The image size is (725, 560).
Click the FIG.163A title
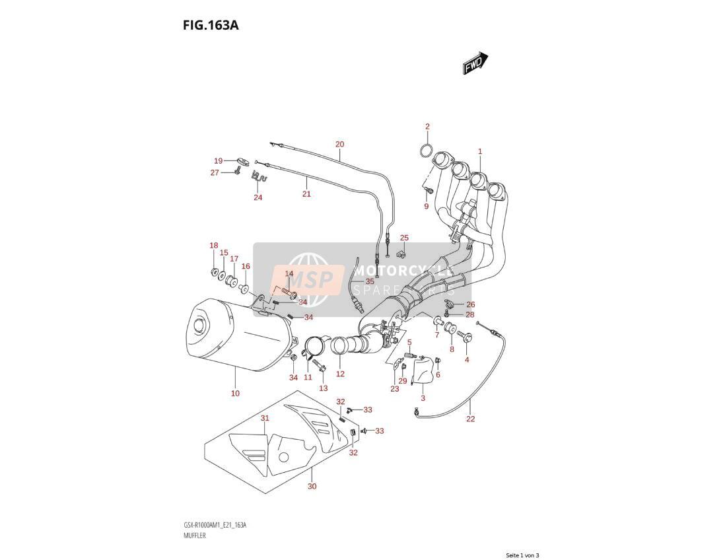point(211,25)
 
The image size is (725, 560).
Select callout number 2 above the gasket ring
point(427,127)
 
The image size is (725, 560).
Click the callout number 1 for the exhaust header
point(480,151)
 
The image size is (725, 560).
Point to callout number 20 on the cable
point(340,144)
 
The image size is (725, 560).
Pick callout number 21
point(306,193)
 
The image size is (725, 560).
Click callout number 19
point(219,161)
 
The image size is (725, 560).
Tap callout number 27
point(215,173)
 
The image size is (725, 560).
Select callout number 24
point(258,197)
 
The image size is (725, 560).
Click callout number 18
point(214,246)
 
